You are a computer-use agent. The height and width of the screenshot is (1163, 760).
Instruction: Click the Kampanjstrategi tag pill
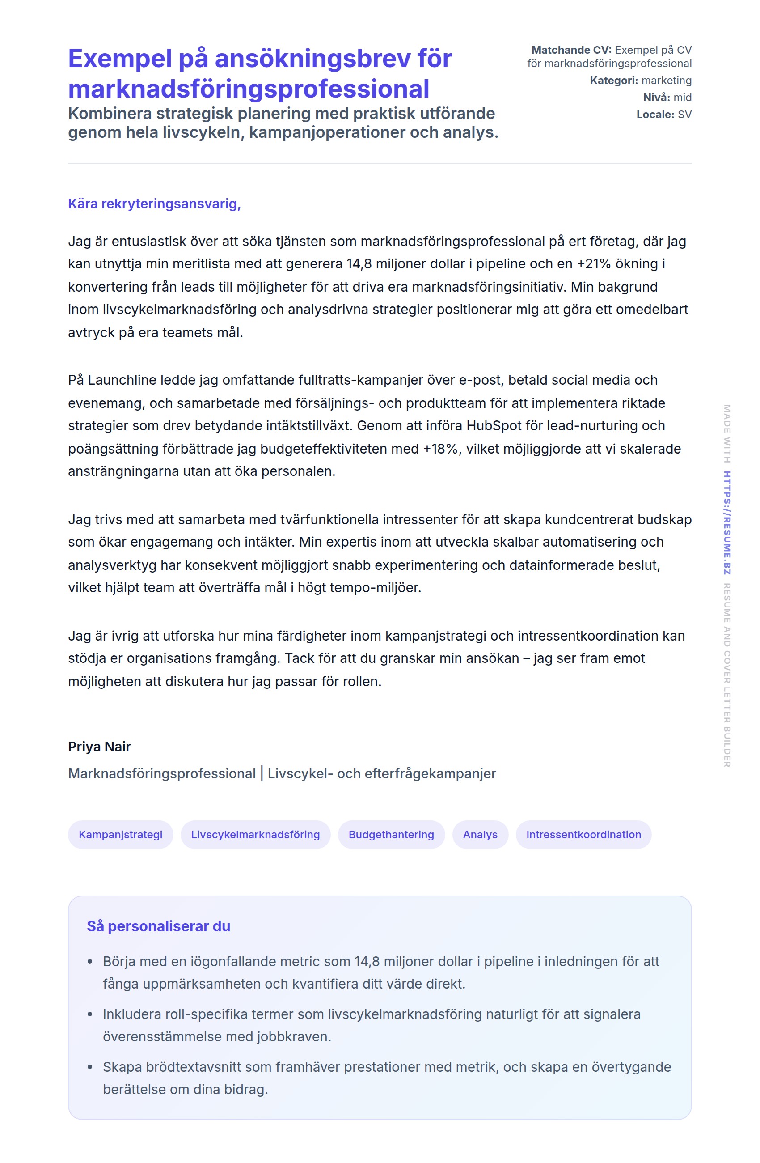pyautogui.click(x=120, y=835)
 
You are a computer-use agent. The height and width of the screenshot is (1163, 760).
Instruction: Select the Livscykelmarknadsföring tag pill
pyautogui.click(x=255, y=835)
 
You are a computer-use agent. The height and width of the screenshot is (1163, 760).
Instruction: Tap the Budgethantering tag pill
pyautogui.click(x=391, y=835)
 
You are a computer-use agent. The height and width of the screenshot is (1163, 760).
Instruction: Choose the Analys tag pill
pyautogui.click(x=480, y=835)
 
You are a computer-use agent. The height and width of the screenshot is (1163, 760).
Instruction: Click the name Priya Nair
pyautogui.click(x=99, y=747)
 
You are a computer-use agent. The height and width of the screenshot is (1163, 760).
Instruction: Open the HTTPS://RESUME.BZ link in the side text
pyautogui.click(x=727, y=522)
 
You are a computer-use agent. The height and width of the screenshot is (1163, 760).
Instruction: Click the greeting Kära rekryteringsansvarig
pyautogui.click(x=154, y=204)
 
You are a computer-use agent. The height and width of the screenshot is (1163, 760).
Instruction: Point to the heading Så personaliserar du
pyautogui.click(x=158, y=926)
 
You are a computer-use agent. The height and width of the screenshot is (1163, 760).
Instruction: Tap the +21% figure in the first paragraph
pyautogui.click(x=594, y=264)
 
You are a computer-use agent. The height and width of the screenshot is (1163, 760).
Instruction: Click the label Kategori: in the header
pyautogui.click(x=613, y=81)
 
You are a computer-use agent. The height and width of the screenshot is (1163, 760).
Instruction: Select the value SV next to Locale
pyautogui.click(x=684, y=115)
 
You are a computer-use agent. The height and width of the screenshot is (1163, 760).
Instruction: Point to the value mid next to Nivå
pyautogui.click(x=682, y=98)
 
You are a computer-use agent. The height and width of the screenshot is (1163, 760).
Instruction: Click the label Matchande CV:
pyautogui.click(x=571, y=50)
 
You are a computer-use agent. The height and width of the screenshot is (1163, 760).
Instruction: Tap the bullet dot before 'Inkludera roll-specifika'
pyautogui.click(x=90, y=1014)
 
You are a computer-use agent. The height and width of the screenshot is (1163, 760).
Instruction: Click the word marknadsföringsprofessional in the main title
pyautogui.click(x=249, y=89)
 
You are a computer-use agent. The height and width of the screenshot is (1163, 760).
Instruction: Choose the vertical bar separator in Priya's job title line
pyautogui.click(x=262, y=773)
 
